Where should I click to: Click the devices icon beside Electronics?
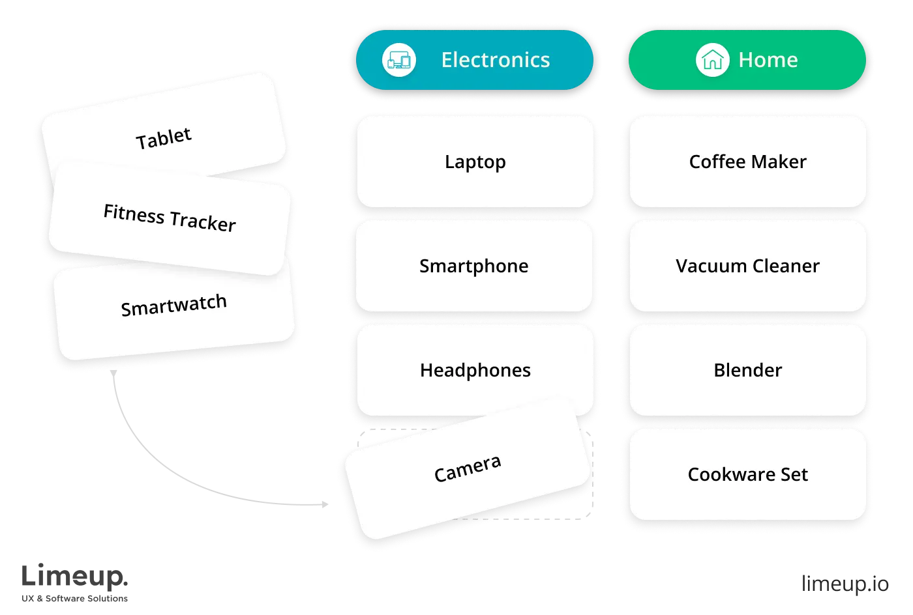coord(398,60)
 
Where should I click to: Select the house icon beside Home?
coord(712,60)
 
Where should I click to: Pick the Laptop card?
coord(475,162)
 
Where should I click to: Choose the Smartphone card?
coord(474,266)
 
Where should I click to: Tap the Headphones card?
coord(475,370)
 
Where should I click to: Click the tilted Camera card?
coord(468,469)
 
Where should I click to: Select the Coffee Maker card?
coord(747,162)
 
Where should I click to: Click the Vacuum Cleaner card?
coord(747,266)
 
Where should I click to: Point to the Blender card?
coord(747,370)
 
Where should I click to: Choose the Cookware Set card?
coord(747,474)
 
